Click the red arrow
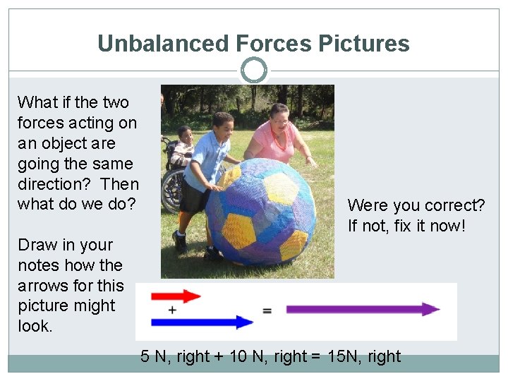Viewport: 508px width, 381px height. click(x=176, y=296)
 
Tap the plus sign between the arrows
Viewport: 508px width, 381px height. click(x=172, y=310)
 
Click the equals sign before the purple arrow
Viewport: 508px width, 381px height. click(x=267, y=310)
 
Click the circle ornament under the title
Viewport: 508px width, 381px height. click(x=253, y=71)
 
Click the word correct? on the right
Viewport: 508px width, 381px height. click(x=455, y=205)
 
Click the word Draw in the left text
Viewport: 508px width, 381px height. click(x=35, y=245)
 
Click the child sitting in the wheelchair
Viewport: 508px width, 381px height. click(x=183, y=145)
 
